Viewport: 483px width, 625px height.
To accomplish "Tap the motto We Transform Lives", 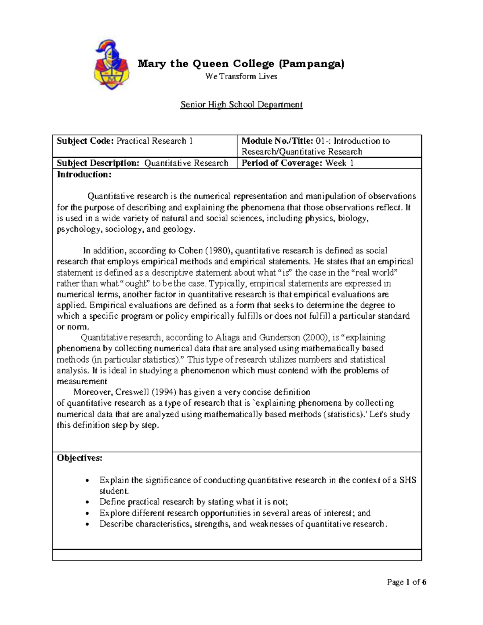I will point(241,76).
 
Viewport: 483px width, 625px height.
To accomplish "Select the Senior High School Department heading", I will point(241,105).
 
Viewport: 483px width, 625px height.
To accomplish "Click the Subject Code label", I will point(85,141).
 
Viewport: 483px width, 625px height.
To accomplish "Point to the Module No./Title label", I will point(276,141).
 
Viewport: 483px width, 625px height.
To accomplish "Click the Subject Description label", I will point(98,163).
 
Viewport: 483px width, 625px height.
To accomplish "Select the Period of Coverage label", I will point(281,163).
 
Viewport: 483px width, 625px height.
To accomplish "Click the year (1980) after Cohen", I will point(219,251).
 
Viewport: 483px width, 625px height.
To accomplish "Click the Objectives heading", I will point(80,458).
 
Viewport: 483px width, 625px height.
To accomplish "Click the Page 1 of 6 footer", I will point(407,582).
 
